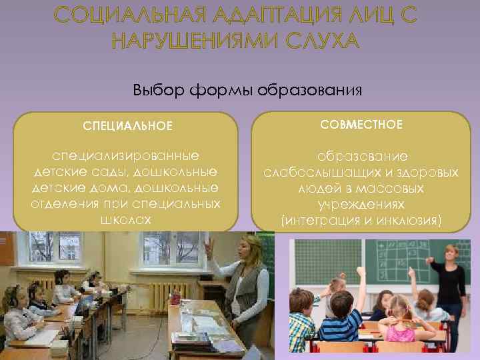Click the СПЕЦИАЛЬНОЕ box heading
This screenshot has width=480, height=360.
coord(127,125)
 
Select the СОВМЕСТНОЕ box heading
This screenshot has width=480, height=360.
coord(361,125)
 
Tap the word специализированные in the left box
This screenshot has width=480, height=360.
coord(127,156)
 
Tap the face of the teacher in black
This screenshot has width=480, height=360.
coord(452,254)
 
